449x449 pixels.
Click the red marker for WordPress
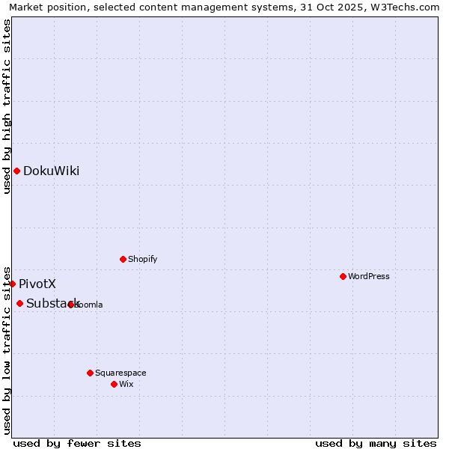343,276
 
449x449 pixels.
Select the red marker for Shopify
123,259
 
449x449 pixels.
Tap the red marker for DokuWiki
16,171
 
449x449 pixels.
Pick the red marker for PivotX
12,284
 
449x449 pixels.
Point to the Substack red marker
19,303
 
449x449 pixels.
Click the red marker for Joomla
70,305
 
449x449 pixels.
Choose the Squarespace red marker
90,373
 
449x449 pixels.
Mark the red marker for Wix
114,384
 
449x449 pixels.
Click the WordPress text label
369,276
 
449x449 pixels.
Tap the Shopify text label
142,259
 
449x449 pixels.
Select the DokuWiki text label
51,171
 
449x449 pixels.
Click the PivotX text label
37,284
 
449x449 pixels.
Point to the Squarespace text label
120,373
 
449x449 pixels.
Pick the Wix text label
126,384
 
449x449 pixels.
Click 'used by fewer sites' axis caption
77,443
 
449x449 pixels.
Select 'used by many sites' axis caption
376,443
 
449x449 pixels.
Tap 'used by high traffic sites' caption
7,106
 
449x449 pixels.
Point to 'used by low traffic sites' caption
7,349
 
